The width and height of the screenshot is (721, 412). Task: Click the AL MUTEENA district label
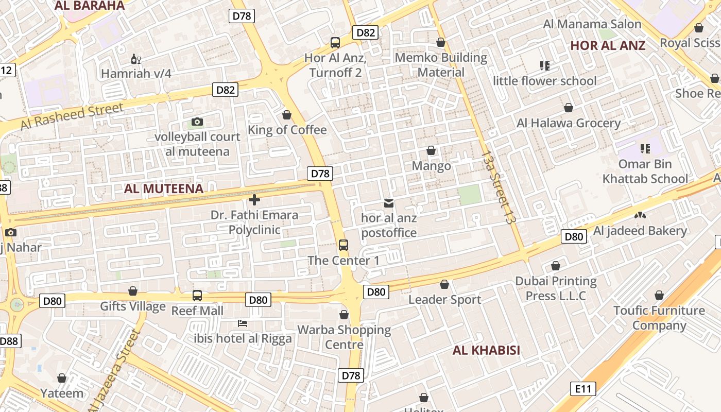164,188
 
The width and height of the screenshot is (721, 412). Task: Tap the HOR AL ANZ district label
608,45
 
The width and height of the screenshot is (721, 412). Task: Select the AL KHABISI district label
486,351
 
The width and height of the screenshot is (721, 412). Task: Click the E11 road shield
583,389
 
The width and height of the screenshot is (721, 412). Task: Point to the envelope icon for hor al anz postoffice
389,204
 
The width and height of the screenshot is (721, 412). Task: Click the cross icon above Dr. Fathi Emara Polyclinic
254,200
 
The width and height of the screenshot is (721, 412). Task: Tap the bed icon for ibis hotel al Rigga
243,323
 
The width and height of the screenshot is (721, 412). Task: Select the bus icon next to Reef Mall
197,296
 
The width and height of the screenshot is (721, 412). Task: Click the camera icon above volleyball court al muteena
197,122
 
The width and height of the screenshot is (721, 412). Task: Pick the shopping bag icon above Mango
431,151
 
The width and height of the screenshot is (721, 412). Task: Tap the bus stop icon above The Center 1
344,245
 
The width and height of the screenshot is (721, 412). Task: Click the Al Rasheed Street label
72,117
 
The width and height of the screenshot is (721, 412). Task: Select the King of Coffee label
287,130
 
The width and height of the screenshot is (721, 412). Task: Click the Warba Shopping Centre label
344,337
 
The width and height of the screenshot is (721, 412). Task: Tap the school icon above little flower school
545,66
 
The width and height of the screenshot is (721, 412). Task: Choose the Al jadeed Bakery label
640,231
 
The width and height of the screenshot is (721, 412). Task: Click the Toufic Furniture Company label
659,318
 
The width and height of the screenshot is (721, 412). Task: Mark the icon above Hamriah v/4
136,59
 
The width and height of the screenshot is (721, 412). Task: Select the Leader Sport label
445,300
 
